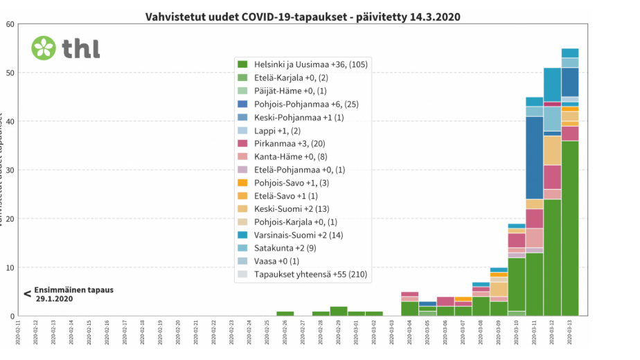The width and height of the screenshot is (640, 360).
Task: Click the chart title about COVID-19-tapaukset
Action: [303, 15]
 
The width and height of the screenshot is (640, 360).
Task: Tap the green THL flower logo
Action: [43, 48]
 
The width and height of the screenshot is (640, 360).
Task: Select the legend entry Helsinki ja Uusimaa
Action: [301, 64]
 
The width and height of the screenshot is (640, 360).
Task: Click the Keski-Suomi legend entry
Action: [292, 208]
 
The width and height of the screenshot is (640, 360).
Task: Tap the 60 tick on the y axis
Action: [10, 24]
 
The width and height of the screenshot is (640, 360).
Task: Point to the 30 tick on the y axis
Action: [10, 170]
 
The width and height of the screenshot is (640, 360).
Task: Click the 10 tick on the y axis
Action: [10, 268]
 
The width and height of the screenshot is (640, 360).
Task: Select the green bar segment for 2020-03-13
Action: [569, 228]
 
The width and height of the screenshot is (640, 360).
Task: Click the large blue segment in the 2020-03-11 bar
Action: [534, 158]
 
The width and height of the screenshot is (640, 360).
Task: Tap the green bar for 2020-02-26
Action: [285, 314]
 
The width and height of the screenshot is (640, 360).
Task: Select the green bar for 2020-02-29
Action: [338, 311]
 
